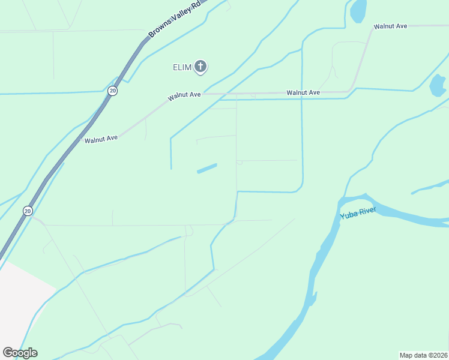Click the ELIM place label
pos(182,67)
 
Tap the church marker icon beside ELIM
pos(200,67)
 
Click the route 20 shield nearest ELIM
pos(113,91)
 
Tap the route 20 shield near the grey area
pos(28,211)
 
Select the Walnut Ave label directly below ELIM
pos(184,95)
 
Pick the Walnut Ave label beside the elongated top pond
pos(390,26)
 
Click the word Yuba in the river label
pos(349,215)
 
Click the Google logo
pos(20,353)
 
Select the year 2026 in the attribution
pos(439,355)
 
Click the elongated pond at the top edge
pos(358,10)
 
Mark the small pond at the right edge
pos(438,85)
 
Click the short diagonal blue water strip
pos(207,169)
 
